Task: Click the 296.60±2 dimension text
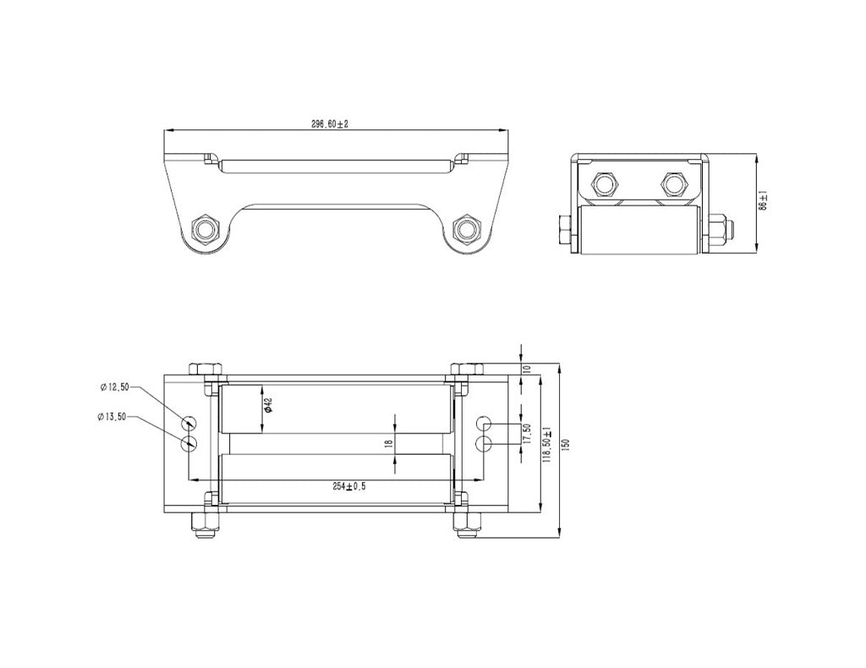click(x=330, y=123)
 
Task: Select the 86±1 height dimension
click(x=762, y=200)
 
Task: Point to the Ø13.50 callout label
click(x=112, y=417)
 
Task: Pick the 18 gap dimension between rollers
click(x=389, y=443)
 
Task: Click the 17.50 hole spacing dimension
click(x=526, y=433)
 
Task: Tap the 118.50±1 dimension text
click(x=547, y=444)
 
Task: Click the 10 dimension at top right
click(x=526, y=369)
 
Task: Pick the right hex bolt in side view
click(x=673, y=184)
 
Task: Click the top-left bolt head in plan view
click(x=206, y=370)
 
